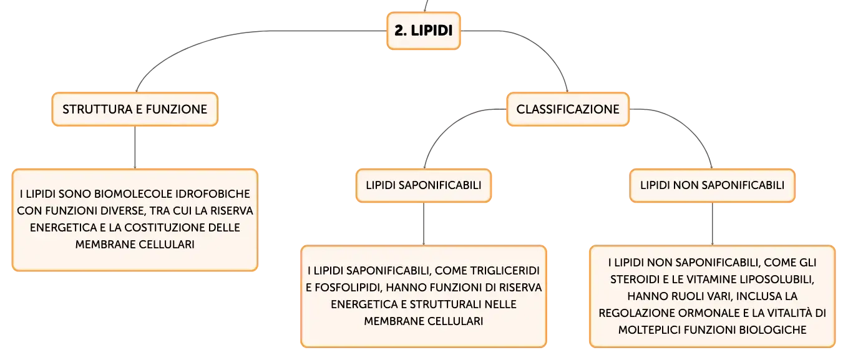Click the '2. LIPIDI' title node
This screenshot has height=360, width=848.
click(424, 31)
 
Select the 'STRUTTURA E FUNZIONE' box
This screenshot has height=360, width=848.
click(135, 109)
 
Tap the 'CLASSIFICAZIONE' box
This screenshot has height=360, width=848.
click(568, 109)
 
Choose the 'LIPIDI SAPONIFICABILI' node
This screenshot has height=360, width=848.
click(424, 185)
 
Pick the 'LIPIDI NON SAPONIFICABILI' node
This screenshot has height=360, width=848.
click(712, 185)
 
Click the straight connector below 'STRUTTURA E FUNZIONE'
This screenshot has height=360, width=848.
click(135, 147)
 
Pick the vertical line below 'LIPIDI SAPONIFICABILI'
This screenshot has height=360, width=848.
click(424, 224)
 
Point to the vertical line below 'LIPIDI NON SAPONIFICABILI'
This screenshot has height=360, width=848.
click(712, 224)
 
